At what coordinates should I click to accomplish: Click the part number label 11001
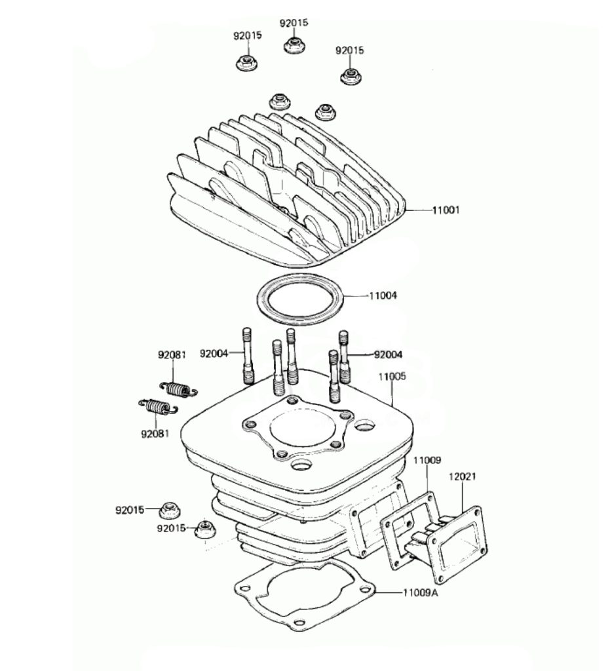(x=446, y=210)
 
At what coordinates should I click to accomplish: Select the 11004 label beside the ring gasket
(x=383, y=296)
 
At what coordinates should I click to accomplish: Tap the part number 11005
(x=392, y=377)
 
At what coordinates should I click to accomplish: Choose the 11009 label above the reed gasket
(x=427, y=461)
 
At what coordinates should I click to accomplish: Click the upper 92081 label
(x=172, y=355)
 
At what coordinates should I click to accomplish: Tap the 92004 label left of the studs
(x=214, y=354)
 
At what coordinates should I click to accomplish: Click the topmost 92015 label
(x=294, y=22)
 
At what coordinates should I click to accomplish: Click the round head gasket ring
(x=298, y=300)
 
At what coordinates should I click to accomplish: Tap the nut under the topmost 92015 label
(x=294, y=45)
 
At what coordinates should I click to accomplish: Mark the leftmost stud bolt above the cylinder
(x=248, y=356)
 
